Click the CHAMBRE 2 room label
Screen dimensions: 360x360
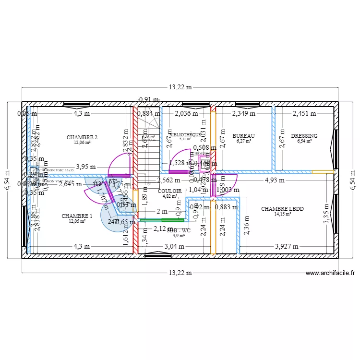pos(83,137)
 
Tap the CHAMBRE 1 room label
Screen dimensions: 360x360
pos(77,216)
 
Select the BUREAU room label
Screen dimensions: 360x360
pos(243,136)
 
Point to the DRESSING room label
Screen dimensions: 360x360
pos(304,136)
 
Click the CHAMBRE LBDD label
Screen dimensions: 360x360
pos(282,209)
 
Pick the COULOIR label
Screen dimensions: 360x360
pos(169,191)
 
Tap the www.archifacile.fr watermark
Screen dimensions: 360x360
pos(330,273)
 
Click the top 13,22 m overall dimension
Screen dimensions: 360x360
pos(180,87)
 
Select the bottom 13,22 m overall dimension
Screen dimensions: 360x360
pos(180,273)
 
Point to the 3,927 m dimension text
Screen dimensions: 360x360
pos(287,246)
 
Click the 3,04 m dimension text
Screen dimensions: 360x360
pos(174,246)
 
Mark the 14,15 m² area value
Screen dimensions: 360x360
pos(283,215)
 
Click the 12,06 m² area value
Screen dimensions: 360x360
pos(82,143)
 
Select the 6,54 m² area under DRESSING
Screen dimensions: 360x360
pos(304,141)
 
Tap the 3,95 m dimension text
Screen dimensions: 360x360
pos(86,167)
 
